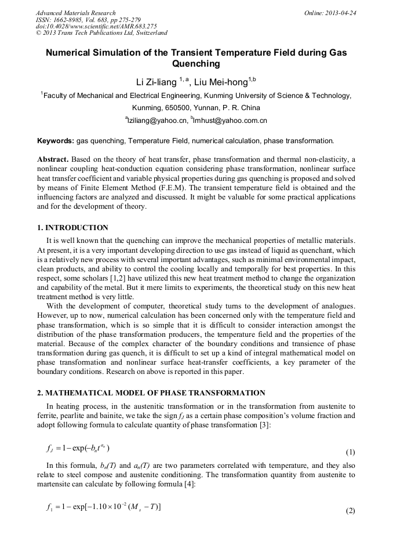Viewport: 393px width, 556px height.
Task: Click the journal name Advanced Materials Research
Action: coord(75,13)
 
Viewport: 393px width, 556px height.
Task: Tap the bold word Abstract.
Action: coord(53,158)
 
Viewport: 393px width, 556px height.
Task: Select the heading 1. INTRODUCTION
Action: coord(72,227)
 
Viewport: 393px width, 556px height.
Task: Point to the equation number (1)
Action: coord(350,452)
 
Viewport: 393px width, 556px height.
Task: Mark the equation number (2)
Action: coord(350,511)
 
